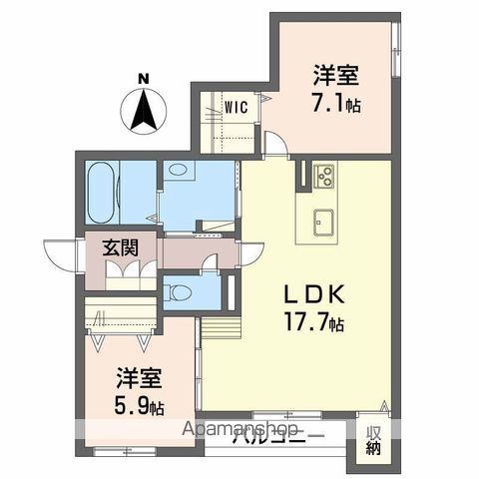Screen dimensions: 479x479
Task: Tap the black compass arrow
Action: coord(143,110)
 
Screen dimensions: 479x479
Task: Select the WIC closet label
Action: coord(236,107)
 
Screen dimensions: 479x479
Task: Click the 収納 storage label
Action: coord(372,440)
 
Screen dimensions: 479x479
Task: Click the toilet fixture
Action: coord(180,293)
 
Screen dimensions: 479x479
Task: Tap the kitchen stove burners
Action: coord(325,178)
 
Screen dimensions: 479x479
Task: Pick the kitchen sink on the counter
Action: coord(325,220)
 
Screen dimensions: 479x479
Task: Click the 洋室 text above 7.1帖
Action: coord(335,76)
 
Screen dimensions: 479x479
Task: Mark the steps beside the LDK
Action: coord(221,326)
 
